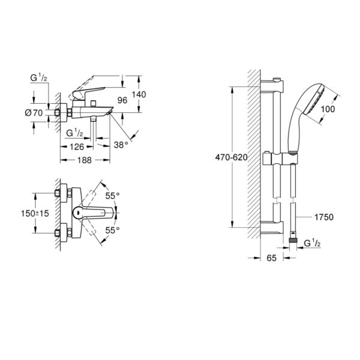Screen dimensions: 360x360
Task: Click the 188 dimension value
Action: (x=85, y=160)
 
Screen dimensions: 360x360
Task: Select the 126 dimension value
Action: (x=77, y=147)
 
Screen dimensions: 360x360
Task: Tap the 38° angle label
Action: (x=121, y=145)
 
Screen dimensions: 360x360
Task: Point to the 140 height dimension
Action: (x=139, y=94)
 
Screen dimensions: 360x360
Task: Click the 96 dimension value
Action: (x=122, y=100)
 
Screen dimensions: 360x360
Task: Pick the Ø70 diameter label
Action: (x=34, y=113)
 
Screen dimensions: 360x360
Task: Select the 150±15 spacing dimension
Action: (x=35, y=214)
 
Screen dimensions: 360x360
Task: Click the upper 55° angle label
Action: (x=113, y=196)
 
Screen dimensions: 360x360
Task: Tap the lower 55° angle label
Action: (x=113, y=230)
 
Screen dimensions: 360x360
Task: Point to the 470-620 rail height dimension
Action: (x=232, y=157)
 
